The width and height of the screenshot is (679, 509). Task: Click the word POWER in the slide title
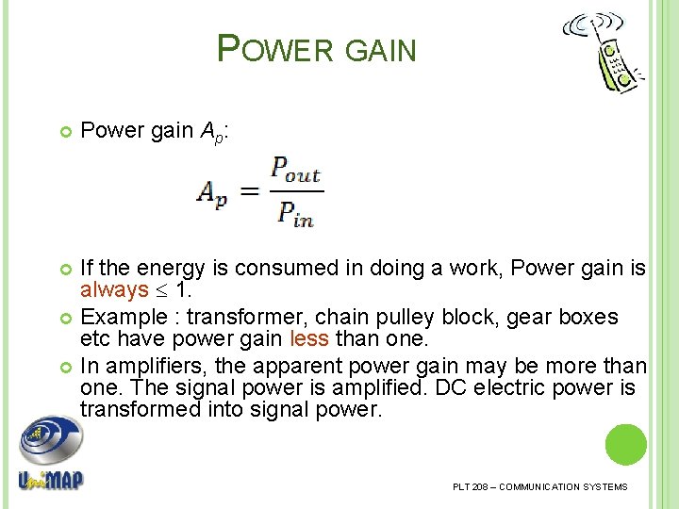click(274, 49)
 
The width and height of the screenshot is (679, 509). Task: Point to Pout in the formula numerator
click(295, 172)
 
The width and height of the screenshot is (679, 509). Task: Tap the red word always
click(114, 289)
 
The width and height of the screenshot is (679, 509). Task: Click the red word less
click(308, 339)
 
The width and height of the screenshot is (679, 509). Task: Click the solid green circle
click(625, 444)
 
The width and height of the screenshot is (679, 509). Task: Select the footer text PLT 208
click(471, 486)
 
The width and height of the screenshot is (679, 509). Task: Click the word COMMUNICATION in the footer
click(539, 486)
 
